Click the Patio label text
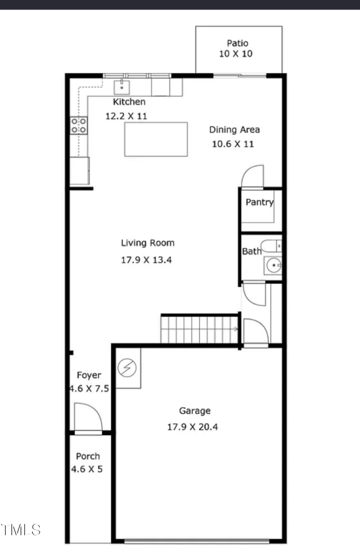pyautogui.click(x=238, y=44)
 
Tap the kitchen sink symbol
pyautogui.click(x=121, y=86)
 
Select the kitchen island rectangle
pyautogui.click(x=156, y=139)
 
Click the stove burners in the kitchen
pyautogui.click(x=79, y=125)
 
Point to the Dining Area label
pyautogui.click(x=234, y=130)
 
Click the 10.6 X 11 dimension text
pyautogui.click(x=233, y=144)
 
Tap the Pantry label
pyautogui.click(x=259, y=202)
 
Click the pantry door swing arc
pyautogui.click(x=252, y=176)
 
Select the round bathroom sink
pyautogui.click(x=273, y=266)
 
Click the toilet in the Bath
pyautogui.click(x=272, y=246)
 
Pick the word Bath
pyautogui.click(x=252, y=251)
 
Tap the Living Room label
pyautogui.click(x=148, y=243)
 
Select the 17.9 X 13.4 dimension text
pyautogui.click(x=147, y=260)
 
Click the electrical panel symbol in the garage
pyautogui.click(x=127, y=368)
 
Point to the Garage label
pyautogui.click(x=195, y=411)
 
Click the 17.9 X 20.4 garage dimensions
pyautogui.click(x=193, y=427)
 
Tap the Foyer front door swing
pyautogui.click(x=88, y=417)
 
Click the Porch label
pyautogui.click(x=88, y=456)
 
